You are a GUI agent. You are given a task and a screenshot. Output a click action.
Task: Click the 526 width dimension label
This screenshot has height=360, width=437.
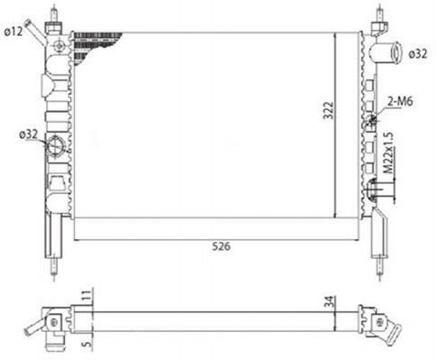[221, 246]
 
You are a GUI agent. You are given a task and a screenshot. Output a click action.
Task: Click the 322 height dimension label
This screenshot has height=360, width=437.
[329, 111]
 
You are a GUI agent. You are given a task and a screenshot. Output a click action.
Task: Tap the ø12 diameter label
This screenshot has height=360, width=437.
[14, 32]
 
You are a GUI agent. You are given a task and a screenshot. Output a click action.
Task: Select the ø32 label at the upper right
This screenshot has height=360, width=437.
[418, 54]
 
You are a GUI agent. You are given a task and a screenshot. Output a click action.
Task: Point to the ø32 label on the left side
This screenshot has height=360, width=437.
[29, 134]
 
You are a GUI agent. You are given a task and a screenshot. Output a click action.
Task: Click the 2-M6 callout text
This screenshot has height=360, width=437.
[400, 102]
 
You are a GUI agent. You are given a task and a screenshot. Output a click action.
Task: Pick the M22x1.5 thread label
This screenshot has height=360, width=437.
[388, 152]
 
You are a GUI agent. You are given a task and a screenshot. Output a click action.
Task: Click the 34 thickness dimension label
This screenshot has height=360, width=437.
[330, 301]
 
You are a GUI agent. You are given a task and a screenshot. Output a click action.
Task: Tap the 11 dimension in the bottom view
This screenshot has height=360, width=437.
[87, 296]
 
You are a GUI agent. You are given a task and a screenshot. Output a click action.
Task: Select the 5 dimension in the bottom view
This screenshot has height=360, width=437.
[87, 343]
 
